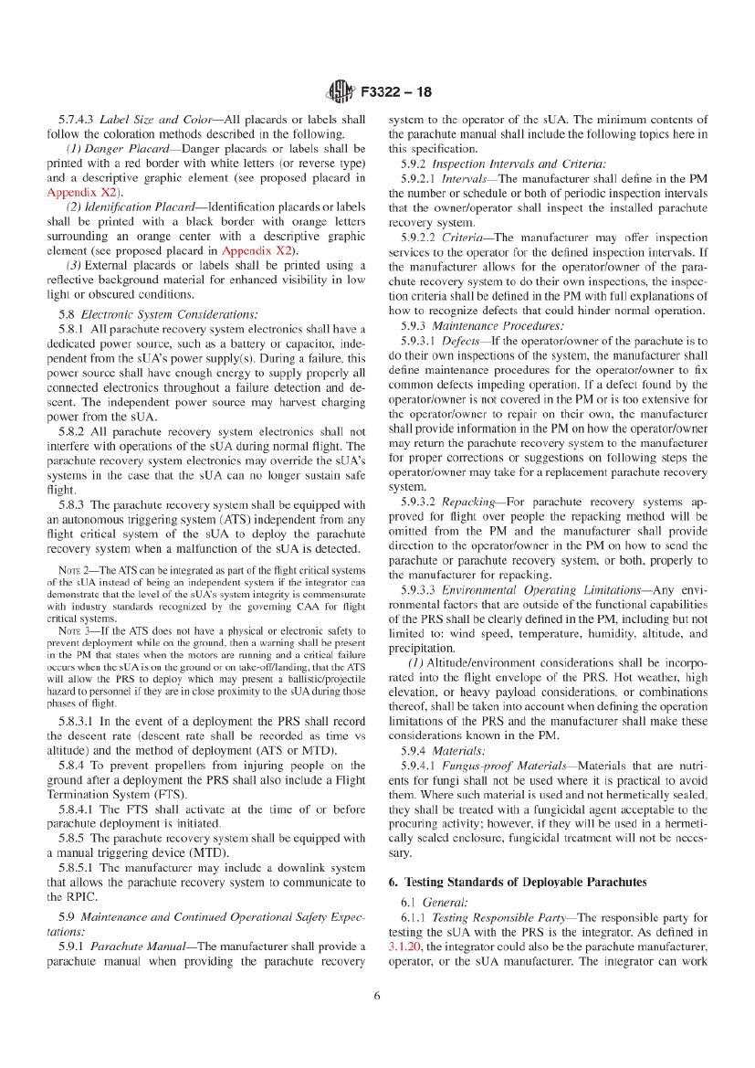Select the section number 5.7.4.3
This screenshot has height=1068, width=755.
78,120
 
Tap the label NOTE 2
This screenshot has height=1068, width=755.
75,571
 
